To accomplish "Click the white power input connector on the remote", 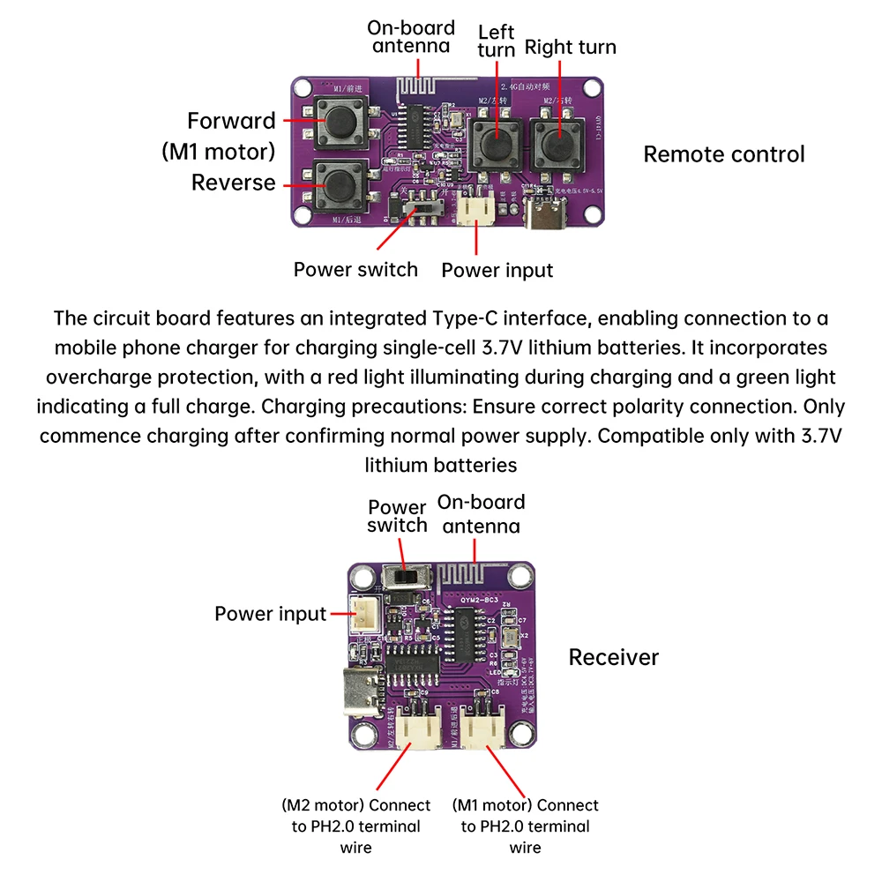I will (x=477, y=209).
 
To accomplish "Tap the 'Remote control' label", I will (x=723, y=154).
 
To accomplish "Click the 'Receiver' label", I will (x=613, y=657).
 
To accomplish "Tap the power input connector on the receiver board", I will (x=363, y=614).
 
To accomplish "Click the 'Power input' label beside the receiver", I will (x=270, y=614).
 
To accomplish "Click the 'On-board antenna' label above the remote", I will (x=411, y=36).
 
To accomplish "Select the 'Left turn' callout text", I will (x=496, y=41).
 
